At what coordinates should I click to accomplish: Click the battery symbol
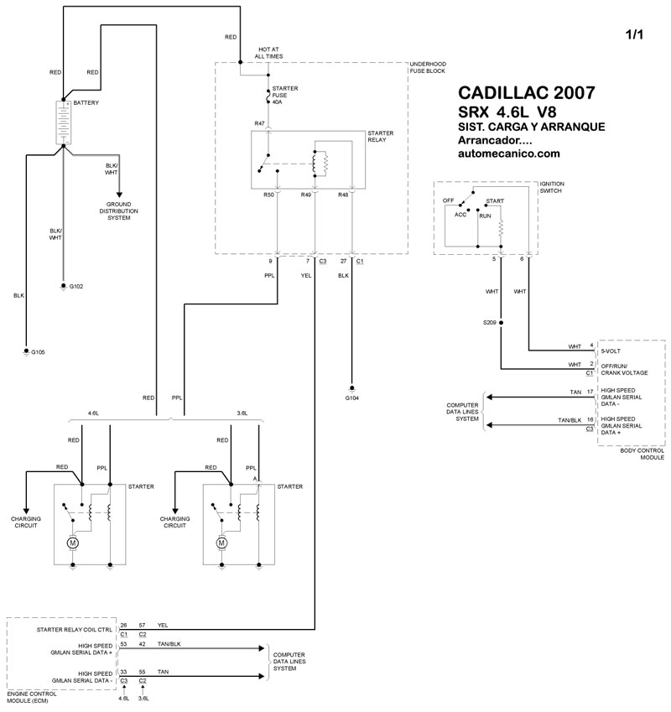[63, 122]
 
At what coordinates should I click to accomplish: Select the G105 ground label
[38, 352]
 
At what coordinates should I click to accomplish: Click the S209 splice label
[489, 322]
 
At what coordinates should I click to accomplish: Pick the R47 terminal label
[259, 123]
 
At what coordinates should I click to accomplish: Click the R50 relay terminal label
[268, 195]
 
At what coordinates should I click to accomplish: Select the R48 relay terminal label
[343, 195]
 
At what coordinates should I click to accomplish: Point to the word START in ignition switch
[495, 201]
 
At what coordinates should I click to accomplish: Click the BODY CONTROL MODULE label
[642, 454]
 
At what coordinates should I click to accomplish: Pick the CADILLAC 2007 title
[528, 92]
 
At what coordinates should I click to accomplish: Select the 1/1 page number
[635, 35]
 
